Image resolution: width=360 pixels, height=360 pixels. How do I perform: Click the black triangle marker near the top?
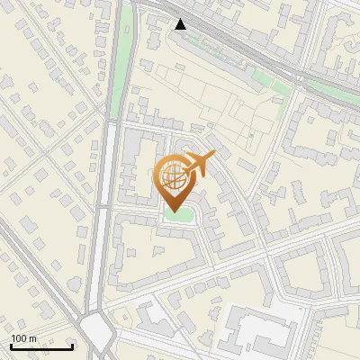(x=181, y=24)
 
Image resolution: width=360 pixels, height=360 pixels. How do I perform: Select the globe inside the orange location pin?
(x=171, y=175)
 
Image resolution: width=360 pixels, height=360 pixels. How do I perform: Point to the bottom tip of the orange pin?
(x=172, y=212)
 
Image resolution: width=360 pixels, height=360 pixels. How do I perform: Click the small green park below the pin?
(x=178, y=217)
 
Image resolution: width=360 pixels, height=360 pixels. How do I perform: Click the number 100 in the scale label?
(x=20, y=338)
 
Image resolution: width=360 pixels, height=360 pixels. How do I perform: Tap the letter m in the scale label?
(x=33, y=338)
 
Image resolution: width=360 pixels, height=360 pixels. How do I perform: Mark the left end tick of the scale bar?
(x=11, y=346)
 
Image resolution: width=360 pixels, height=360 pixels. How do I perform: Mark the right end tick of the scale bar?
(x=73, y=346)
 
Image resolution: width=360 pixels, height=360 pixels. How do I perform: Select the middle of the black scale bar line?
(x=41, y=347)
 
